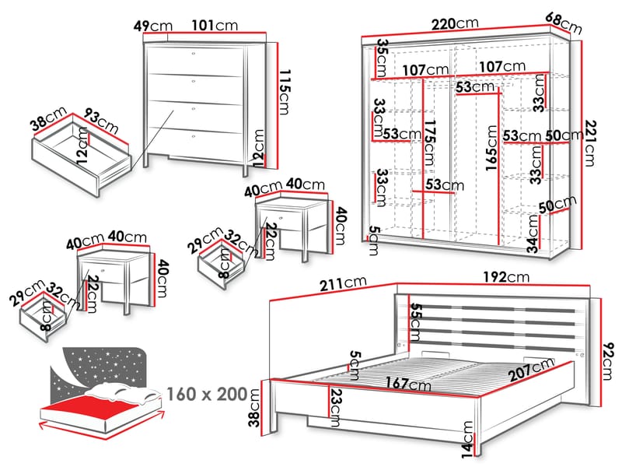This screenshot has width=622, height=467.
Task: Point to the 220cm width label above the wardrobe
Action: click(454, 24)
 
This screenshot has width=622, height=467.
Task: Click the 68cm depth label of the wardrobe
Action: click(563, 23)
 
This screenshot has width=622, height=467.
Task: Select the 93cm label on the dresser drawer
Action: click(100, 121)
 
